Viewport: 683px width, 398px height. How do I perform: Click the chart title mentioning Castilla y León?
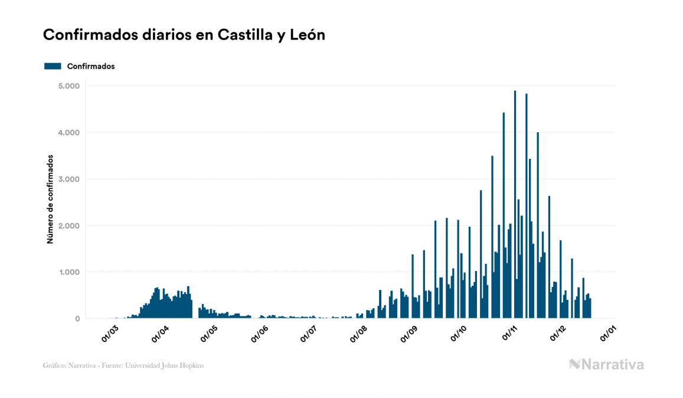click(x=184, y=35)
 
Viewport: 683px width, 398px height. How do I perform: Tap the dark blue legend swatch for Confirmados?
click(x=53, y=66)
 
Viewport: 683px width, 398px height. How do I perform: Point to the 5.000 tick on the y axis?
click(x=69, y=86)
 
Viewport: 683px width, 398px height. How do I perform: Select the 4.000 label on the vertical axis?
click(x=69, y=133)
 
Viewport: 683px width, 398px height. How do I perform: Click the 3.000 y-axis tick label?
click(x=69, y=179)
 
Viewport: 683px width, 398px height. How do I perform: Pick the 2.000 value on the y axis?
click(x=69, y=226)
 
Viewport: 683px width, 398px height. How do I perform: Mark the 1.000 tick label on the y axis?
click(x=69, y=272)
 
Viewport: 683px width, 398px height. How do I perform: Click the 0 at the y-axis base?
click(x=77, y=319)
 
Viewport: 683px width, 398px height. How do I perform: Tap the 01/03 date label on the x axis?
click(x=110, y=333)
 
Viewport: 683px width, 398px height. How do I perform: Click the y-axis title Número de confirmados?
click(x=50, y=200)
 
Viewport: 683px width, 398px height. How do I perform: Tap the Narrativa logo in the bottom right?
click(x=606, y=364)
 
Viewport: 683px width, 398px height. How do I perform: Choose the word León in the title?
click(x=307, y=35)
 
